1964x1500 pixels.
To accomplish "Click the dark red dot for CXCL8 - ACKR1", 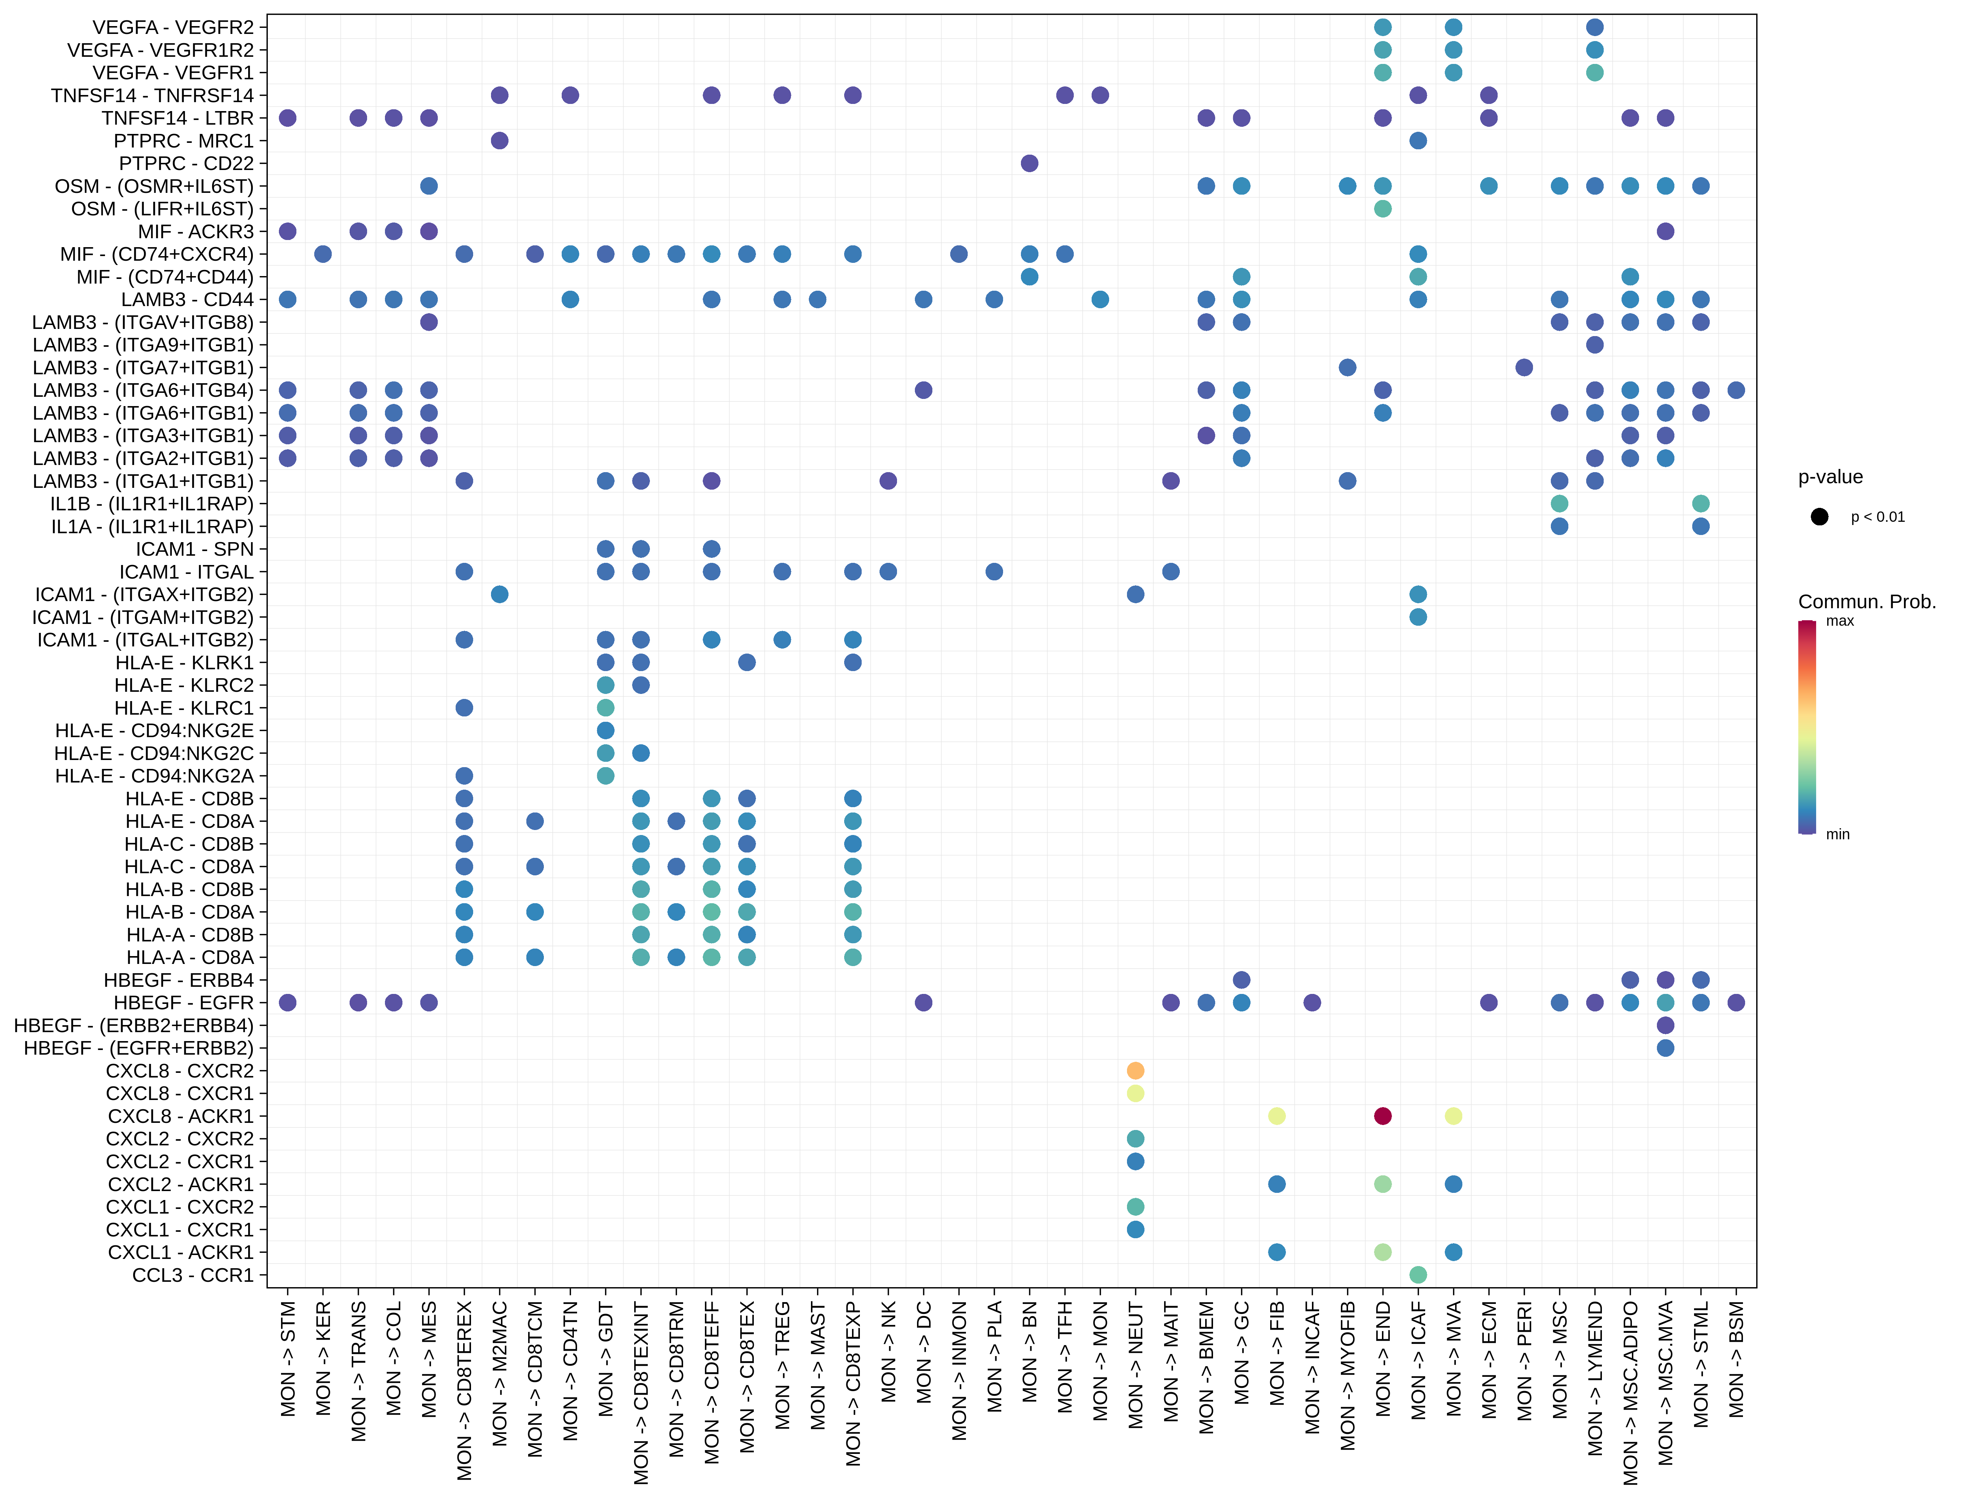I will click(1382, 1116).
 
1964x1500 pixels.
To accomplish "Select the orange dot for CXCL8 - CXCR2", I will click(1135, 1071).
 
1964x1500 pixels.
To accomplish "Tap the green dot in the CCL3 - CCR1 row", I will click(1418, 1275).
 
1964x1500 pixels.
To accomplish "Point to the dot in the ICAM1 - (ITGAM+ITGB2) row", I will click(1418, 617).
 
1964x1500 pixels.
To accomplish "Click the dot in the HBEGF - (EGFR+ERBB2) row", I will click(1665, 1048).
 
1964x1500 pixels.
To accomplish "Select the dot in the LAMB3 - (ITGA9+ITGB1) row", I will click(1594, 345).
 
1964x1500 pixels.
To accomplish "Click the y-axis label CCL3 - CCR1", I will click(193, 1275).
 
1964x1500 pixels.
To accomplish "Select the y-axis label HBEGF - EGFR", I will click(184, 1003).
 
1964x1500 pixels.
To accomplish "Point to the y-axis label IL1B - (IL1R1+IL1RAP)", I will click(152, 504).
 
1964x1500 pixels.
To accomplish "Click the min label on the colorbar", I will click(1837, 834).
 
